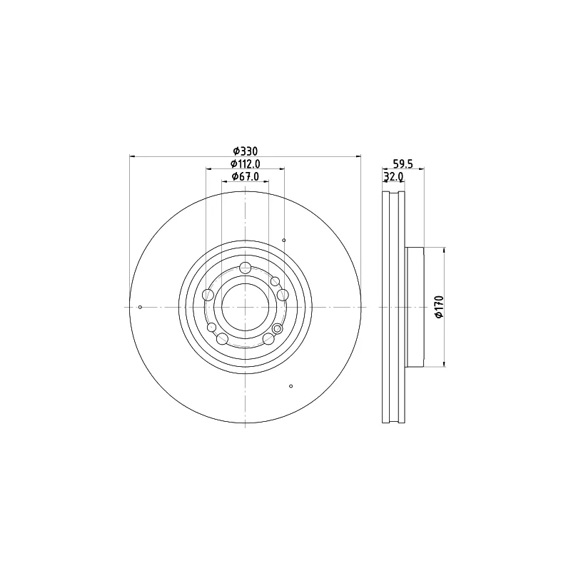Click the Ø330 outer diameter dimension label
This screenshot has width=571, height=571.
point(246,151)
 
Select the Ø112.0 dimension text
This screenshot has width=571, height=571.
point(246,164)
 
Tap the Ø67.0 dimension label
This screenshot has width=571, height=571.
point(246,176)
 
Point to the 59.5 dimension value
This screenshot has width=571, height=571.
point(403,164)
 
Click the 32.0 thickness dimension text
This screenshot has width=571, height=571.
point(393,177)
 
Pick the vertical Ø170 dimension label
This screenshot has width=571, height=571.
point(440,307)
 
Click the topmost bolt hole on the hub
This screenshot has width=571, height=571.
point(246,268)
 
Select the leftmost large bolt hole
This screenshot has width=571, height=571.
point(208,295)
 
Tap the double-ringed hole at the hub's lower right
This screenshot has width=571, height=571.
point(277,329)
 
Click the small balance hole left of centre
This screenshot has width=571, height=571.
point(140,308)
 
